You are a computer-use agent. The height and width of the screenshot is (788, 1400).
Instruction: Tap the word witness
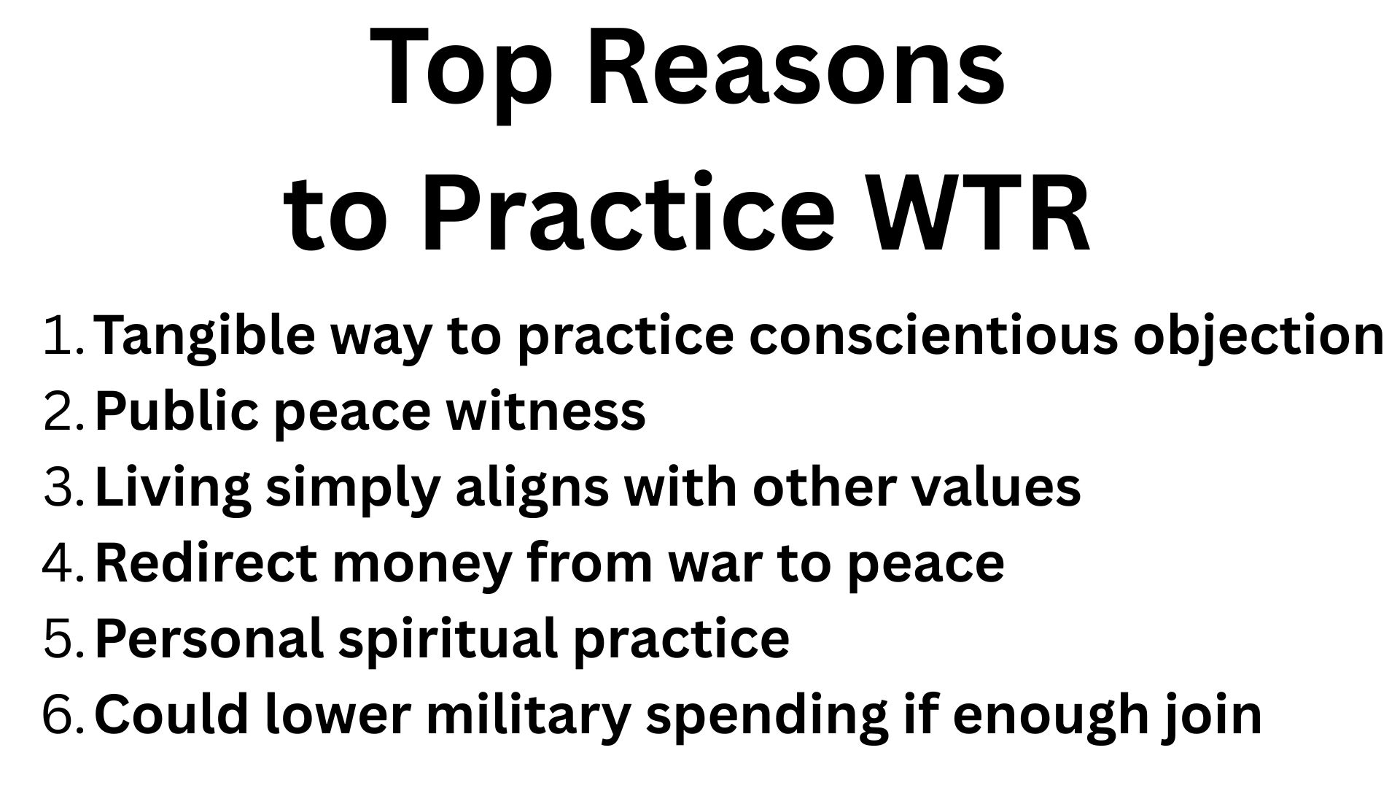point(546,412)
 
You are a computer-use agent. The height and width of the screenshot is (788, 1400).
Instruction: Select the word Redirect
point(206,563)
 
